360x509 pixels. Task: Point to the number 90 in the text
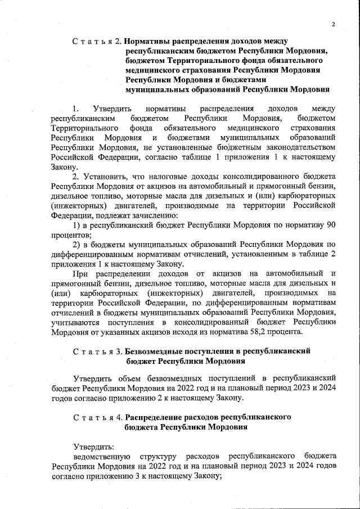point(331,225)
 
